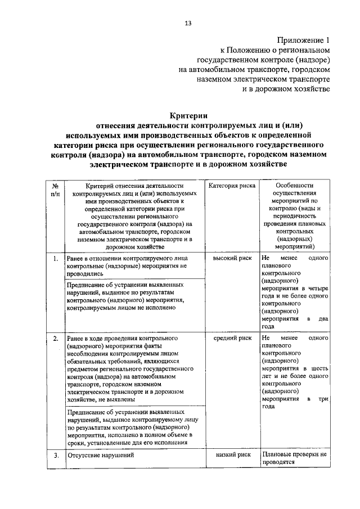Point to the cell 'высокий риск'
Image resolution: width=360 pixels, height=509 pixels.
tap(232, 258)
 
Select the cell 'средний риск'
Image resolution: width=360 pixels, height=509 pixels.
tap(232, 339)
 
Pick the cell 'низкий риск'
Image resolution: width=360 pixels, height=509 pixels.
tap(232, 455)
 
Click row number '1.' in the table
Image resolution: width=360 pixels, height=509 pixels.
tap(55, 259)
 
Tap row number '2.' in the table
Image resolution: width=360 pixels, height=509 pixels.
tap(55, 339)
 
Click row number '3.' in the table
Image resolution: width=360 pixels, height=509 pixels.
tap(55, 456)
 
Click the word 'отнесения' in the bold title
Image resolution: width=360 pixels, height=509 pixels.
tap(121, 125)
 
